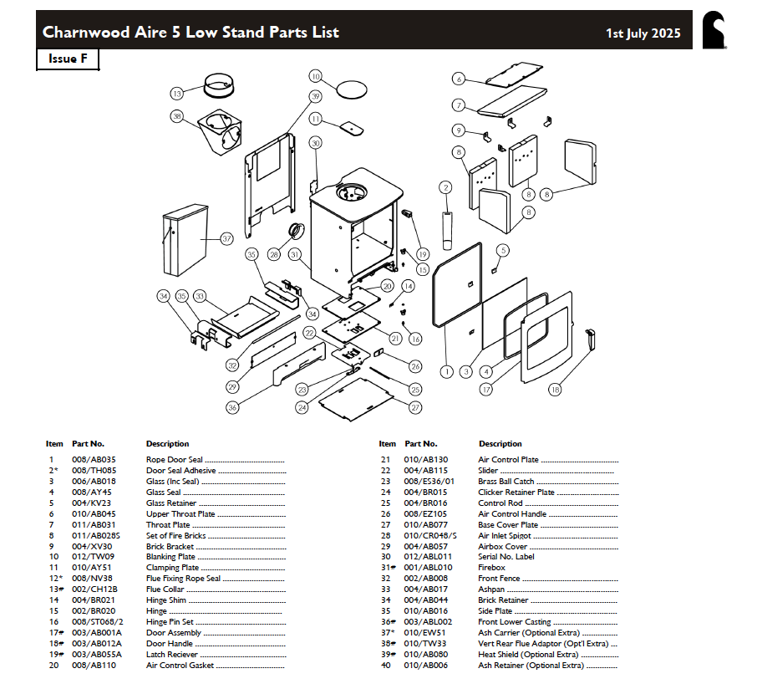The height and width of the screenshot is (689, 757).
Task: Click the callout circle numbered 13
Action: click(177, 94)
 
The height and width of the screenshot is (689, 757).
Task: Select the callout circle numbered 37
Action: click(226, 238)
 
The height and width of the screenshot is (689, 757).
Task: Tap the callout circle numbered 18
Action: click(555, 389)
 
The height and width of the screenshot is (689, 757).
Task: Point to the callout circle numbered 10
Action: click(316, 76)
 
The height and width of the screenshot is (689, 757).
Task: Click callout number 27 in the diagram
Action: click(415, 408)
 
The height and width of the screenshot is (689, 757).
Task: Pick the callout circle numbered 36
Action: click(232, 407)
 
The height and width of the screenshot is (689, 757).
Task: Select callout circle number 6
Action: click(459, 79)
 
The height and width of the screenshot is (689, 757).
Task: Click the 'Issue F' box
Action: click(68, 59)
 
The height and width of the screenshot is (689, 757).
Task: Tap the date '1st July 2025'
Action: click(643, 33)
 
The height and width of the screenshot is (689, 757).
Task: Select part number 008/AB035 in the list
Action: click(94, 460)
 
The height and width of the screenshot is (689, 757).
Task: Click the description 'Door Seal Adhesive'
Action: click(180, 471)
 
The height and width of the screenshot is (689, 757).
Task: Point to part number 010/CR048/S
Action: click(430, 535)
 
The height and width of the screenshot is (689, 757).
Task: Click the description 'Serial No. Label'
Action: click(506, 557)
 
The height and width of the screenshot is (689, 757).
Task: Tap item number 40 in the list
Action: click(385, 666)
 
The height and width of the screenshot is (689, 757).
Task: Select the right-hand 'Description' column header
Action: click(500, 444)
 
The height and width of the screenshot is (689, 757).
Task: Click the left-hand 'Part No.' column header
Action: click(88, 444)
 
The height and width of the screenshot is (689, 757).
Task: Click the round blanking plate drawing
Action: click(352, 87)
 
